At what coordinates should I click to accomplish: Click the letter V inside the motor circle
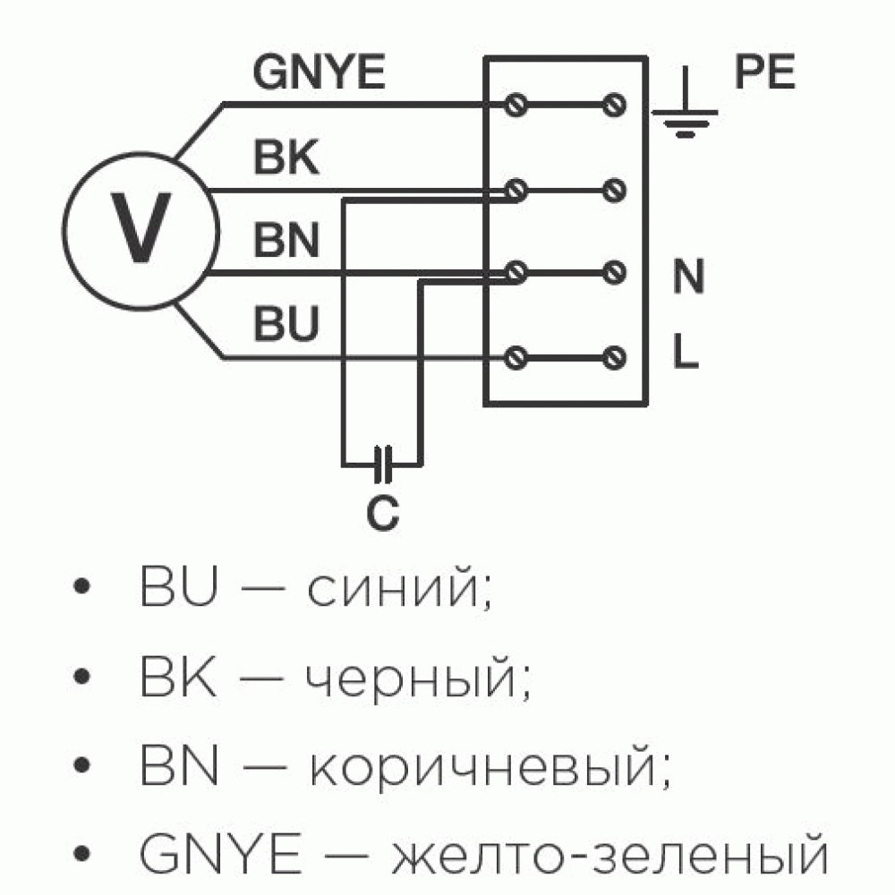pos(141,227)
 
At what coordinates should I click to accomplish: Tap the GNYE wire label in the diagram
pos(320,72)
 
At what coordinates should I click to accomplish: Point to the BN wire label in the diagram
pos(286,240)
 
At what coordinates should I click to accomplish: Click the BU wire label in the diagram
pos(286,323)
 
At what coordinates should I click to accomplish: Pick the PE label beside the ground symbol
pos(765,72)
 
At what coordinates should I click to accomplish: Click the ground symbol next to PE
pos(685,103)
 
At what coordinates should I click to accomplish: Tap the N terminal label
pos(688,276)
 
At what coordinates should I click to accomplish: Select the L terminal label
pos(686,350)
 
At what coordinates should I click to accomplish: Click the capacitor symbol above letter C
pos(382,464)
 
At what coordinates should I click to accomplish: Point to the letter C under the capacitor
pos(382,512)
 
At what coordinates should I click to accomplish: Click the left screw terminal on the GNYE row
pos(516,105)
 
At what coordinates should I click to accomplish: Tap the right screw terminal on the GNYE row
pos(614,105)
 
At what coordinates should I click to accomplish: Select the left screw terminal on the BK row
pos(516,190)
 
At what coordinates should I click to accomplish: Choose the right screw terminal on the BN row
pos(614,273)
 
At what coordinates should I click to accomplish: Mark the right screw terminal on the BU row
pos(614,358)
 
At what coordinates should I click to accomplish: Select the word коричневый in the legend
pos(490,766)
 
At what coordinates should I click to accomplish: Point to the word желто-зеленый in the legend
pos(609,855)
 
